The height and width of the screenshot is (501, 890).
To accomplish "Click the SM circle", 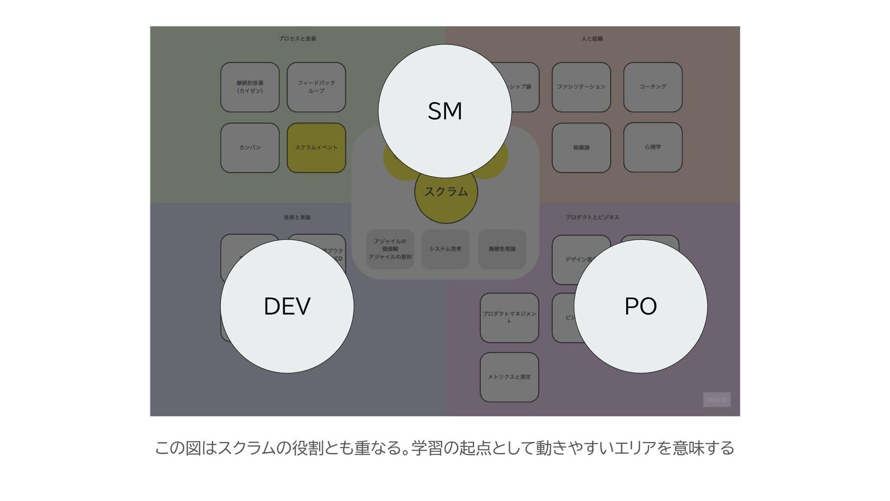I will click(x=445, y=111).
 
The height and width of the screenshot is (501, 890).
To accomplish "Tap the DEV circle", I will click(x=287, y=306).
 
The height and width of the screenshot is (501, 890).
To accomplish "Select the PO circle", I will click(x=640, y=306).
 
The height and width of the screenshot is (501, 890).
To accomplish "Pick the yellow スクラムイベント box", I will click(x=316, y=148).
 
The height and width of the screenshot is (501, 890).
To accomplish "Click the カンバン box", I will click(x=250, y=148).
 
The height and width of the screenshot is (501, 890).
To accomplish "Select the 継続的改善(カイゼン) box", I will click(x=250, y=87).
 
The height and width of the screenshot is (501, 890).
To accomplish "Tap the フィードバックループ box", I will click(x=316, y=87).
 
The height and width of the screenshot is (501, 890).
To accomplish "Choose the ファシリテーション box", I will click(x=581, y=87).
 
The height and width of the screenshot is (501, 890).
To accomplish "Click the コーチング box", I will click(x=653, y=87).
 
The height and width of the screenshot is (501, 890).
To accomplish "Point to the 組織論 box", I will click(x=581, y=148).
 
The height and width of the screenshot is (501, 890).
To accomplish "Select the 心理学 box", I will click(x=653, y=148).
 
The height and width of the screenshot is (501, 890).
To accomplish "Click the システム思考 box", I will click(x=445, y=249).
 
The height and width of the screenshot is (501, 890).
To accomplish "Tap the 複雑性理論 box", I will click(x=502, y=249).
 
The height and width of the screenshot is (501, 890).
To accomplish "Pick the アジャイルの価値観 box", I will click(x=390, y=249).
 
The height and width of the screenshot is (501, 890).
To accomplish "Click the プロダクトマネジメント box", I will click(x=509, y=318).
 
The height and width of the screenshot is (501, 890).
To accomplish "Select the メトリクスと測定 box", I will click(x=509, y=377).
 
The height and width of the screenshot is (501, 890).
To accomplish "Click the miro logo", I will click(x=717, y=399).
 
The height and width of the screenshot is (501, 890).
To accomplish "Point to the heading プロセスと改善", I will click(x=297, y=39).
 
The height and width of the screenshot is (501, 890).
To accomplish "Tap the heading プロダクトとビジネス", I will click(x=592, y=217).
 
